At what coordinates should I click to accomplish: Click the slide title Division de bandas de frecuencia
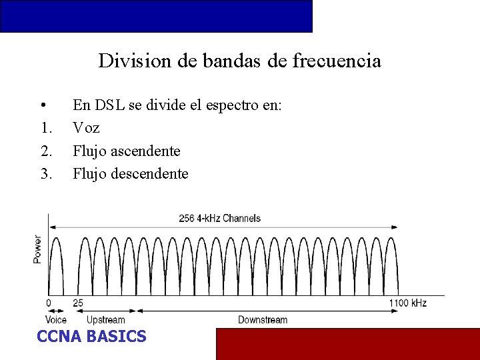239,61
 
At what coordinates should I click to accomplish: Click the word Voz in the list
86,128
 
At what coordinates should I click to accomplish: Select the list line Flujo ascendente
126,151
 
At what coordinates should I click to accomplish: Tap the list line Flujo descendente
130,174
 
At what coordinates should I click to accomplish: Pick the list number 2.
46,151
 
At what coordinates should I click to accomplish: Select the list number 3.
46,174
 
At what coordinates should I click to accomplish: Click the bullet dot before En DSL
43,105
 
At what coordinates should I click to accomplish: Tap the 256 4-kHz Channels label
219,218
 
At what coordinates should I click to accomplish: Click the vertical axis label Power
37,249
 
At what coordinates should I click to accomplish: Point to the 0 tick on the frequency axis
49,303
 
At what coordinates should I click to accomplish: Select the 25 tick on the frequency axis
78,303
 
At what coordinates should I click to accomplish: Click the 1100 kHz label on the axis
408,303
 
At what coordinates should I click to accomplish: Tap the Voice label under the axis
56,320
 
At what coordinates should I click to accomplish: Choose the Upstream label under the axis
105,320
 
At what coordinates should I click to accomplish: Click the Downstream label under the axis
263,320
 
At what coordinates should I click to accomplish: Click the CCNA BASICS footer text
91,337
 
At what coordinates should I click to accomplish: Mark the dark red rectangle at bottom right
347,343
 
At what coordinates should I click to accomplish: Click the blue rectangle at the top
156,16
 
